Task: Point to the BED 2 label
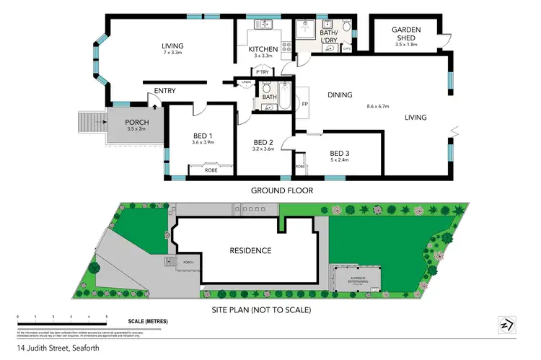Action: point(263,142)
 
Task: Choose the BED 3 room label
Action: point(340,153)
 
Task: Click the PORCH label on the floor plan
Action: point(136,122)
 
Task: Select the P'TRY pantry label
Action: point(260,72)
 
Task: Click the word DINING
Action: point(339,95)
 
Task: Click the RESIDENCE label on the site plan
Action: point(250,251)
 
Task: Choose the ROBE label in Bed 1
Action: point(211,170)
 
